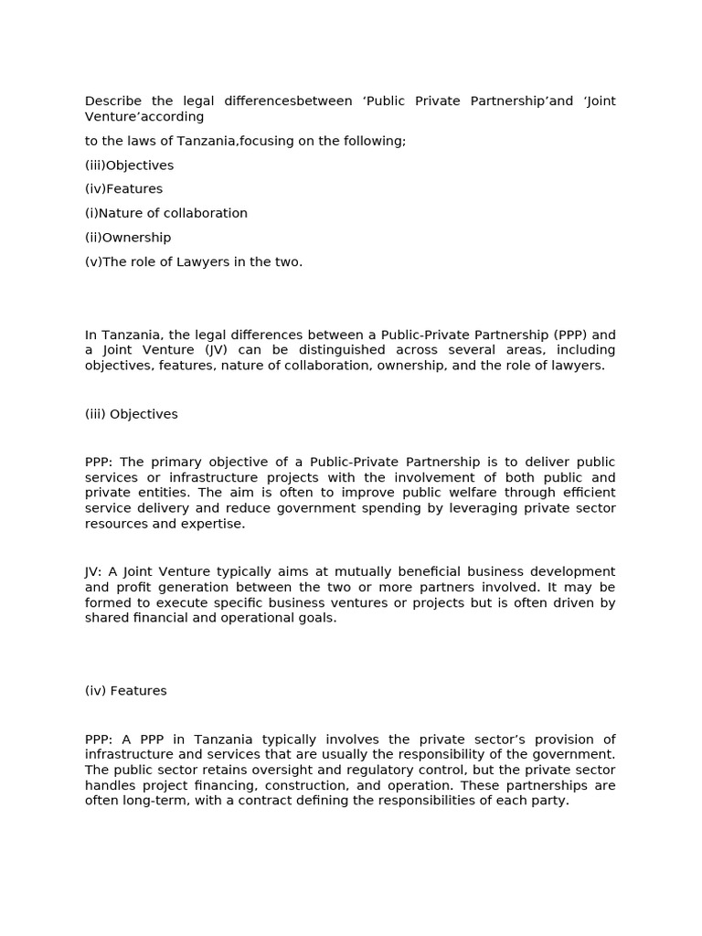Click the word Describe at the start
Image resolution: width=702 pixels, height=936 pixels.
(x=114, y=101)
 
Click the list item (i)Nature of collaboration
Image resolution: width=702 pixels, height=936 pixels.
(x=166, y=213)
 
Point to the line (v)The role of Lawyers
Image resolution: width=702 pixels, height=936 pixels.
(x=193, y=261)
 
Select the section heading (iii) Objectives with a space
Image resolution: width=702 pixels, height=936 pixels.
(x=132, y=414)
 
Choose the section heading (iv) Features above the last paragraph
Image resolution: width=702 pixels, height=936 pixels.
(x=126, y=691)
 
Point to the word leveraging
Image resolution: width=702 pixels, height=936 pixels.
(x=473, y=508)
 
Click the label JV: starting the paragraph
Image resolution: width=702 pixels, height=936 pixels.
(x=94, y=571)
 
